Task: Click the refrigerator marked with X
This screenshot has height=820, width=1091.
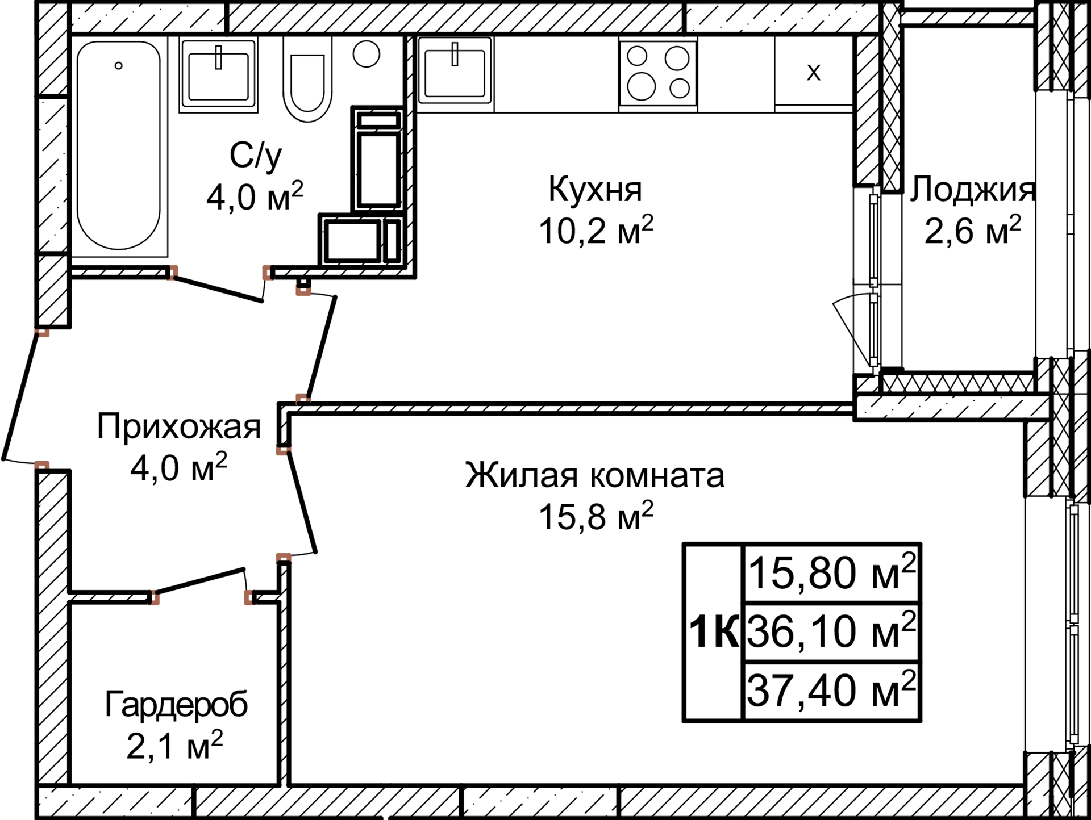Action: [814, 72]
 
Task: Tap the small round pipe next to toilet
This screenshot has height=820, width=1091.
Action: [366, 55]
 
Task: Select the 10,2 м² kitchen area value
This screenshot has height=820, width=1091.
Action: [596, 231]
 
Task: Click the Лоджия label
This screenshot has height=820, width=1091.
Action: [972, 190]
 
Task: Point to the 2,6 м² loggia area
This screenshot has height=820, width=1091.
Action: [972, 231]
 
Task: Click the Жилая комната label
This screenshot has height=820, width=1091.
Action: [594, 475]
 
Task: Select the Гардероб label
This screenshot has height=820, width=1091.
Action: [176, 705]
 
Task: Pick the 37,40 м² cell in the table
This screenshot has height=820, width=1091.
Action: [831, 691]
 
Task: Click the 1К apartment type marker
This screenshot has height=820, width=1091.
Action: [714, 631]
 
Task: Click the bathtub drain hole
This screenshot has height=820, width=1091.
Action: [118, 66]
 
